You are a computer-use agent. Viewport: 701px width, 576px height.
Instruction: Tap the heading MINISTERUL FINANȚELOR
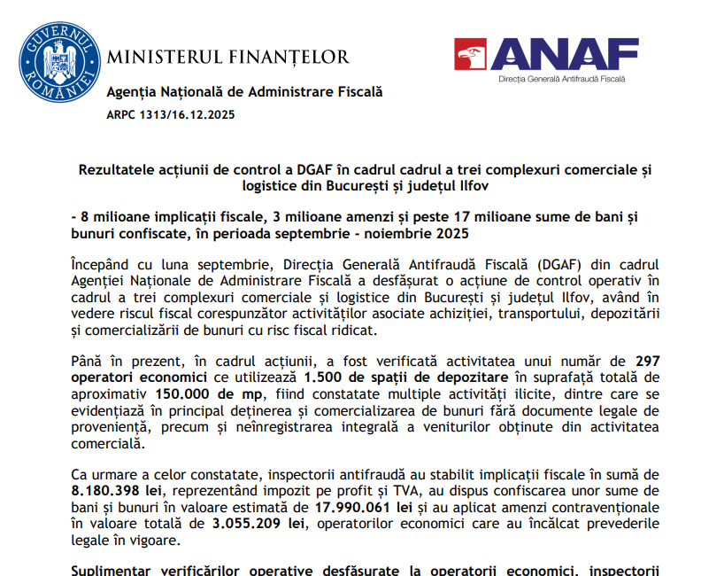click(x=227, y=58)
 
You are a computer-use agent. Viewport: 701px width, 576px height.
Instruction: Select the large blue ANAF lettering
click(x=565, y=54)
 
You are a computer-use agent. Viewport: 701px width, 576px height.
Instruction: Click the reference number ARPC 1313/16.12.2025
click(x=171, y=115)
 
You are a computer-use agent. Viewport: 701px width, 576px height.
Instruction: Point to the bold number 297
click(x=648, y=360)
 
